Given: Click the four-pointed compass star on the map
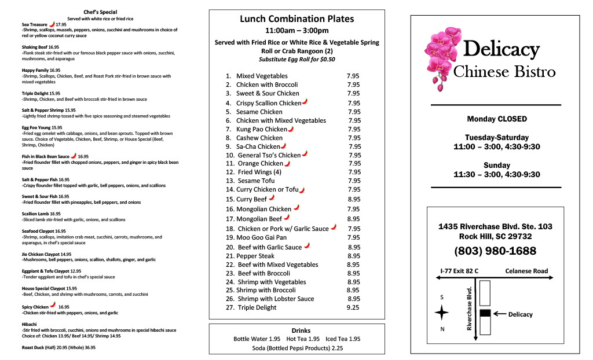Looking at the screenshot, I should tap(442, 313).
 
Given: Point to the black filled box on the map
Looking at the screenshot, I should tap(485, 313).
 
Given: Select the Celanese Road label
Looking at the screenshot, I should tap(526, 270).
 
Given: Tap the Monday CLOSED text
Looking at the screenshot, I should tap(497, 119).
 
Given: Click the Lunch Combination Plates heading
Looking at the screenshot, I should tap(296, 19).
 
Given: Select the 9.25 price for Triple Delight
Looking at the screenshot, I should tap(353, 307).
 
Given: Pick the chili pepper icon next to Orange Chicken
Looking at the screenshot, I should tap(287, 163).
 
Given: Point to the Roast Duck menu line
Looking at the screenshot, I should tap(58, 347).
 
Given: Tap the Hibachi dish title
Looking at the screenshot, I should tap(30, 324).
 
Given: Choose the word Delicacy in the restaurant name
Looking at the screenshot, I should tap(502, 50).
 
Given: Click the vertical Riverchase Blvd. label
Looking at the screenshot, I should tap(470, 308).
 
